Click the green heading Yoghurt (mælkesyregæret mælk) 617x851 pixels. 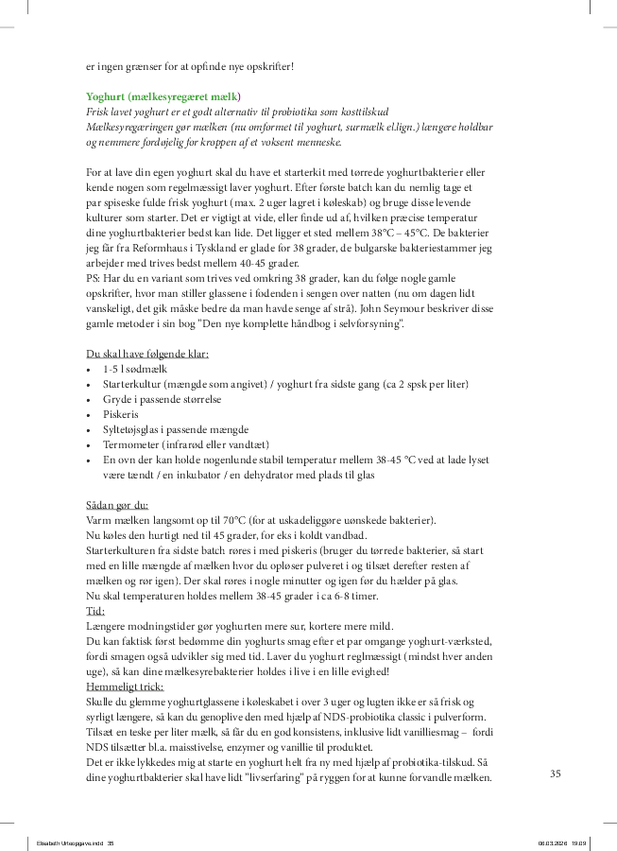point(163,96)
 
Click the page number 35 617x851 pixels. point(556,773)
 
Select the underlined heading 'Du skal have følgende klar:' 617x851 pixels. point(147,354)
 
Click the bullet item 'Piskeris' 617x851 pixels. point(120,414)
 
